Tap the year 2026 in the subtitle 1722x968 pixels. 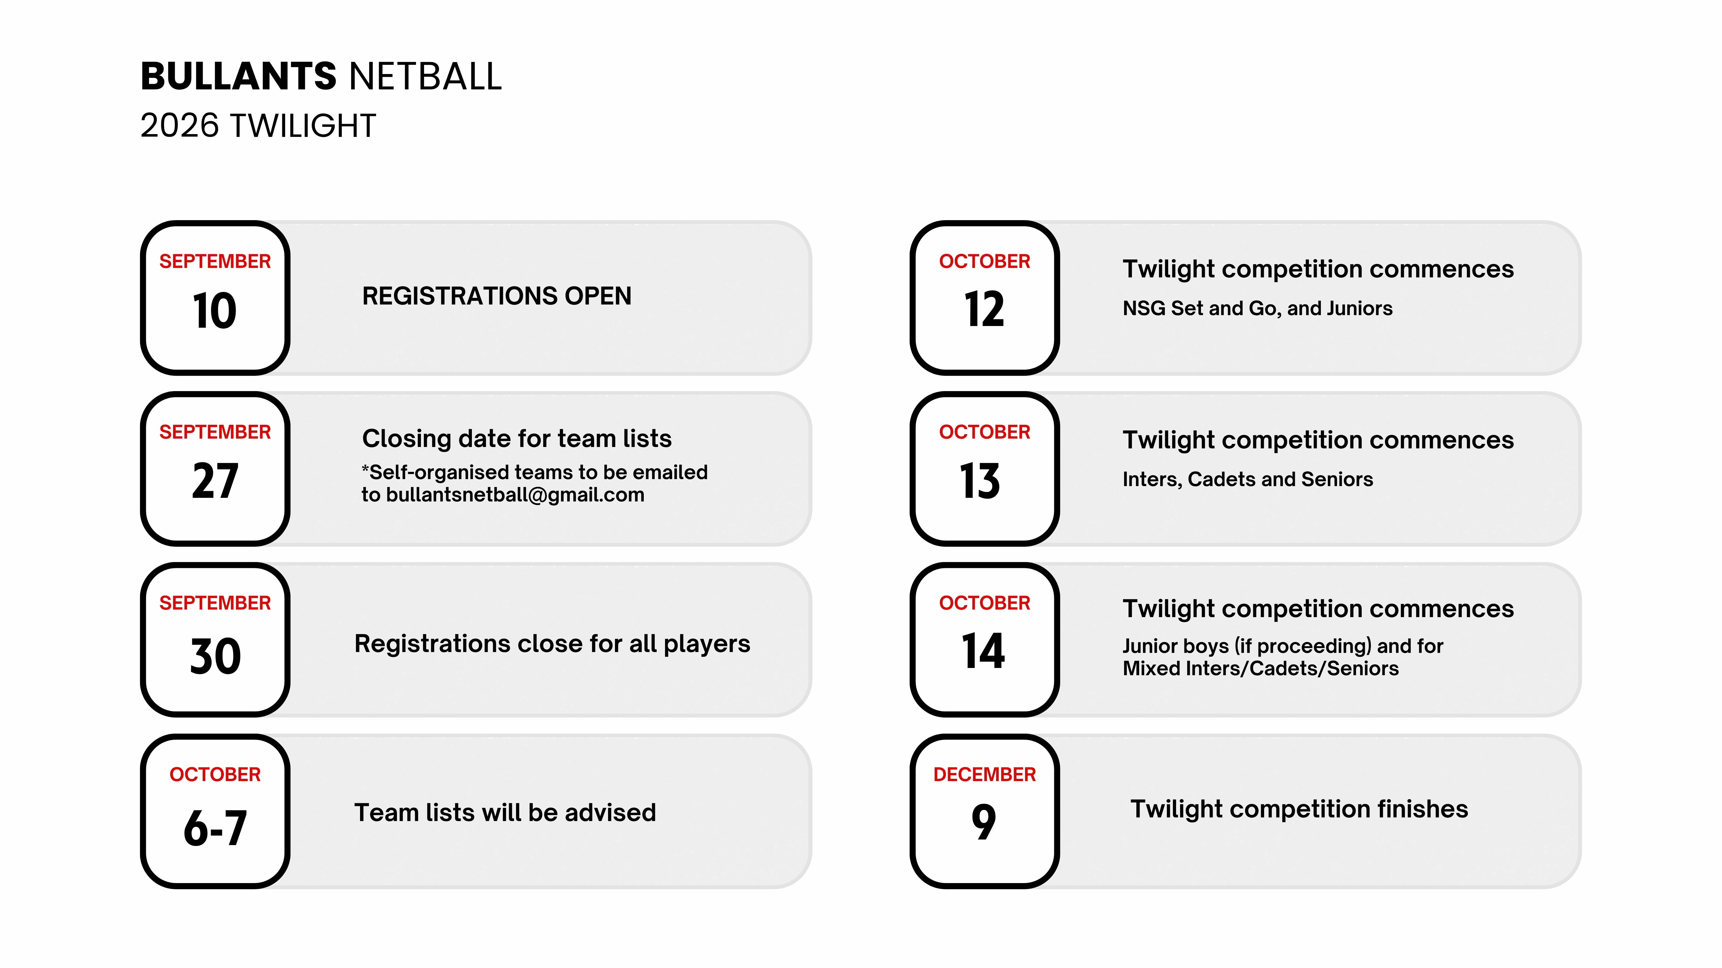click(x=180, y=126)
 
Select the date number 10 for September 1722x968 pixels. click(x=215, y=311)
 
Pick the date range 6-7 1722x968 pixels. click(x=215, y=828)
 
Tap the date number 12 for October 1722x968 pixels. click(x=984, y=309)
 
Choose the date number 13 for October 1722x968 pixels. click(x=980, y=481)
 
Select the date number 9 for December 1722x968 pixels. click(x=984, y=822)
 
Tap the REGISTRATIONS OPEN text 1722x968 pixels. click(x=497, y=296)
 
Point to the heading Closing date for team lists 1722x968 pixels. click(x=517, y=439)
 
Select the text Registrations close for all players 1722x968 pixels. click(x=552, y=644)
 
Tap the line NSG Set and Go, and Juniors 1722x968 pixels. click(x=1257, y=309)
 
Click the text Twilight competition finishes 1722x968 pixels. click(x=1299, y=809)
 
